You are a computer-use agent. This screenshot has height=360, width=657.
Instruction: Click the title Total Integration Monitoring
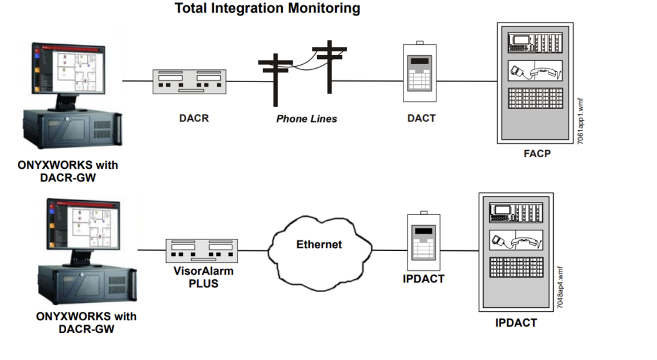(268, 9)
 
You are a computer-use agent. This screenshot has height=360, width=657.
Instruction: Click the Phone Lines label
(307, 119)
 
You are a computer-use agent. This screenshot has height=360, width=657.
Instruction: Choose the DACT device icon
(420, 73)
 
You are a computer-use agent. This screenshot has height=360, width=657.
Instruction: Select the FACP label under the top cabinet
(537, 154)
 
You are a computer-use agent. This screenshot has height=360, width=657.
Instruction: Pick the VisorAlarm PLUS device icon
(201, 250)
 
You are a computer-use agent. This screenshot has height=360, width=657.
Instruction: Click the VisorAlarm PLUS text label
(202, 277)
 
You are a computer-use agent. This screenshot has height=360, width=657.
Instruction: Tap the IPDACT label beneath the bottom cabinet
(516, 323)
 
